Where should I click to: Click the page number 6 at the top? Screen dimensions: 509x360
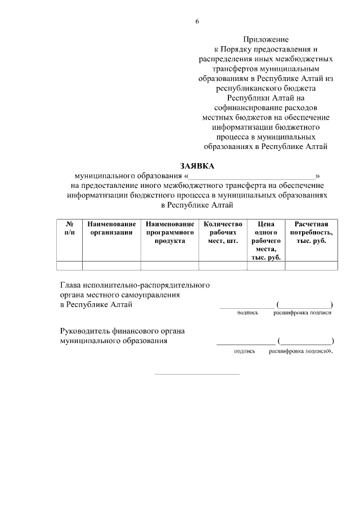tap(197, 21)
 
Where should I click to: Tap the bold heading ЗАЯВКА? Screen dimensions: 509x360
tap(197, 165)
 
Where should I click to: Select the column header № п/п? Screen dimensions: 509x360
tap(69, 228)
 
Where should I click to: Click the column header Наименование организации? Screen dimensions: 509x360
tap(111, 228)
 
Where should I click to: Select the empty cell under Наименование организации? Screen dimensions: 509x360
tap(111, 266)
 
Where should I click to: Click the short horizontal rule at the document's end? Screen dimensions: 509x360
tap(196, 373)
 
